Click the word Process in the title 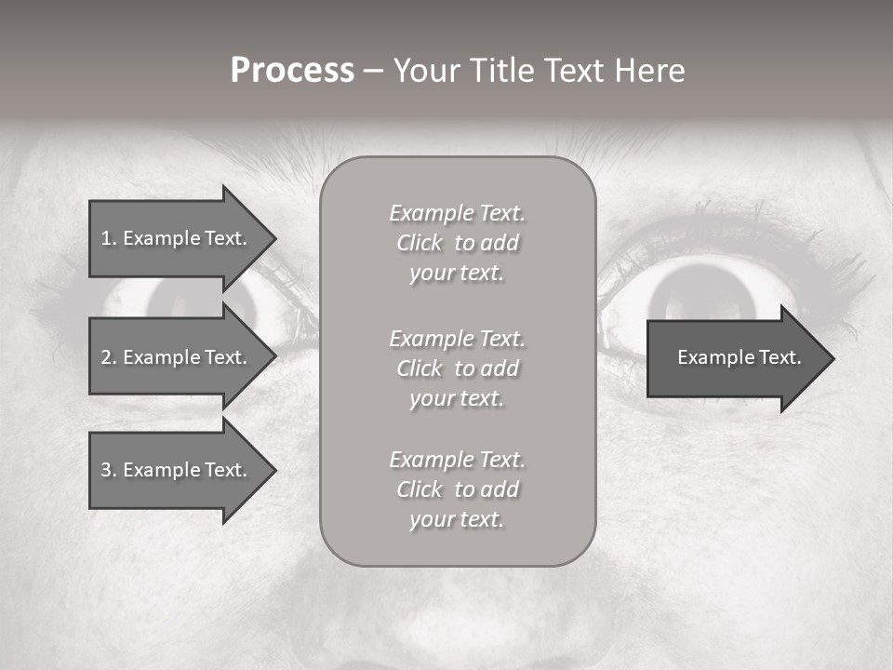point(292,71)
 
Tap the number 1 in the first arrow point(105,238)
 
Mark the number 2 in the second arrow point(105,357)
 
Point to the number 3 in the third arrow point(105,470)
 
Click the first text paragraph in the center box point(457,243)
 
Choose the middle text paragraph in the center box point(457,368)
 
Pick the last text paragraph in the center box point(457,489)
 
